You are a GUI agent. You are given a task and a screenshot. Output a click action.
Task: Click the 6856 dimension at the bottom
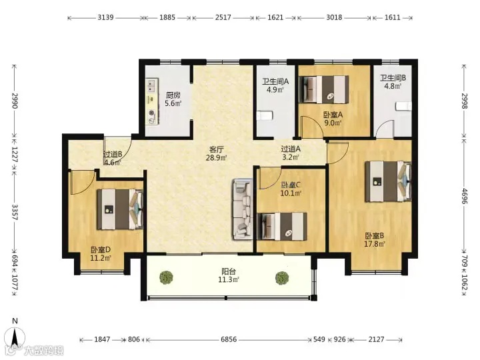pyautogui.click(x=229, y=339)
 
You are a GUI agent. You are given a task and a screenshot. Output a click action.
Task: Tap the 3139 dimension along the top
pyautogui.click(x=105, y=17)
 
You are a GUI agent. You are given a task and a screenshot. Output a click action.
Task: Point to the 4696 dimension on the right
pyautogui.click(x=465, y=196)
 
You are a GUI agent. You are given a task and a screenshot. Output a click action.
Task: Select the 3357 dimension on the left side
pyautogui.click(x=15, y=212)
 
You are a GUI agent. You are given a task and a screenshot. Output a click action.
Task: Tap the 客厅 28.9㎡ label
pyautogui.click(x=217, y=154)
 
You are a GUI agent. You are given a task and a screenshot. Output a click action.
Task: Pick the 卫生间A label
pyautogui.click(x=275, y=81)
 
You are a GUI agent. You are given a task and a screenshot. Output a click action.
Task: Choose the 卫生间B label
pyautogui.click(x=393, y=78)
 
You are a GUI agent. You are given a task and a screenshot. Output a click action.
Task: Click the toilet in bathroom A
pyautogui.click(x=264, y=116)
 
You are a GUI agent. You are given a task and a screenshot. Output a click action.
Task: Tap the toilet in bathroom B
pyautogui.click(x=403, y=107)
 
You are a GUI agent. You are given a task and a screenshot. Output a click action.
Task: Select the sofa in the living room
pyautogui.click(x=243, y=209)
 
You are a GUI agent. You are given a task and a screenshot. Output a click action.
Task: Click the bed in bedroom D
pyautogui.click(x=120, y=209)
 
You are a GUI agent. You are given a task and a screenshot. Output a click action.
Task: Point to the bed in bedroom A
pyautogui.click(x=324, y=89)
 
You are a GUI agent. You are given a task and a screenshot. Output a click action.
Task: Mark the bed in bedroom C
pyautogui.click(x=282, y=227)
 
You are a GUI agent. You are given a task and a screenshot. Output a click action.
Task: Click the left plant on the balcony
pyautogui.click(x=167, y=277)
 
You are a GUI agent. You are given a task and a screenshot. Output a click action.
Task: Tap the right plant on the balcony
pyautogui.click(x=282, y=277)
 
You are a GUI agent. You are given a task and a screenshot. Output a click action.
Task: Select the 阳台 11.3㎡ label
pyautogui.click(x=229, y=275)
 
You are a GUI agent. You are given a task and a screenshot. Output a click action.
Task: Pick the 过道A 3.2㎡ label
pyautogui.click(x=291, y=153)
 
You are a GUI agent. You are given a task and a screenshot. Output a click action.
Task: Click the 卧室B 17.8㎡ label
pyautogui.click(x=375, y=240)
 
